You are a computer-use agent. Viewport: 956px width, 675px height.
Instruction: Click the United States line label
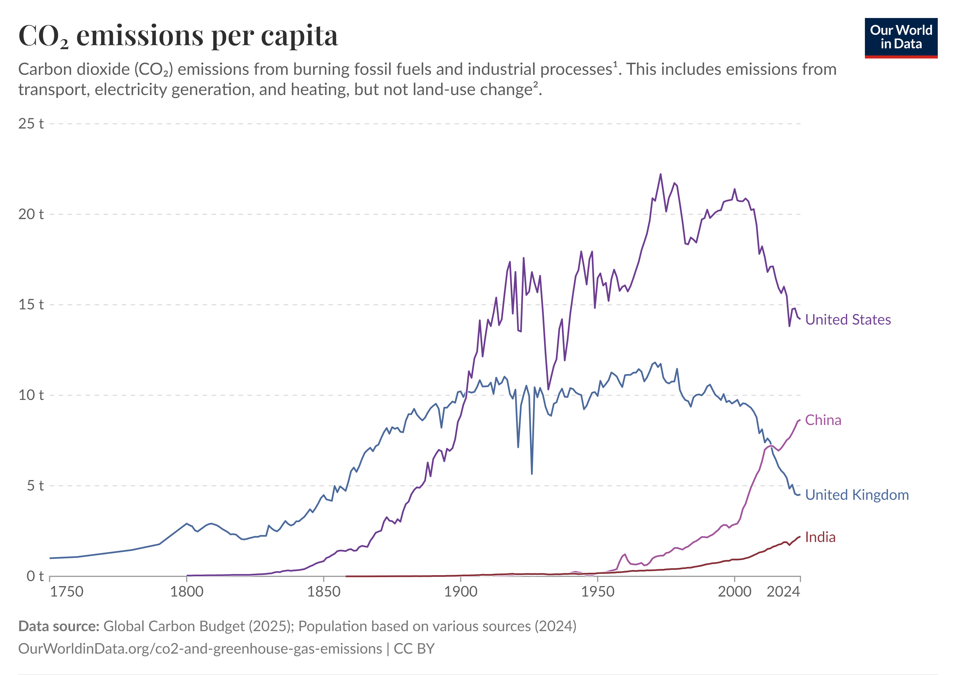point(848,320)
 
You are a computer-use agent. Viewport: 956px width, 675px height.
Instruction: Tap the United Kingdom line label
point(857,495)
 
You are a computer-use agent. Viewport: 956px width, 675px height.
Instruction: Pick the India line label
point(820,537)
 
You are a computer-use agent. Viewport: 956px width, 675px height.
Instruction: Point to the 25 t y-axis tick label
point(31,124)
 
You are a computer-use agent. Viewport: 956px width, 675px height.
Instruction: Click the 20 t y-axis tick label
point(31,214)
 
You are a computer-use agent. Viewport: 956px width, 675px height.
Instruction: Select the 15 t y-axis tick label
point(31,305)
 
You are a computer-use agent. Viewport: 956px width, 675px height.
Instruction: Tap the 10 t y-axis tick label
point(31,395)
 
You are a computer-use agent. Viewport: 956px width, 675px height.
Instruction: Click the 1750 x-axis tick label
point(67,592)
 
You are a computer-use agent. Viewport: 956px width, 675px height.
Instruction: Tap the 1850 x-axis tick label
point(324,592)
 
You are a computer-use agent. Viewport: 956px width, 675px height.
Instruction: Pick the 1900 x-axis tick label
point(461,592)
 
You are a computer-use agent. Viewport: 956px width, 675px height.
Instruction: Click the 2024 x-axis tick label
point(783,592)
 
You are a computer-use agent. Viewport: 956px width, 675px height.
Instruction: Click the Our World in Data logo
point(901,38)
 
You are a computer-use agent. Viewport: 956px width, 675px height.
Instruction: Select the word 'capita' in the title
point(299,37)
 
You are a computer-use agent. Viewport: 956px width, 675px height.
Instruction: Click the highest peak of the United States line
point(660,174)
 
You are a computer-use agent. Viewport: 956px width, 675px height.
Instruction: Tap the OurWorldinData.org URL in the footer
point(200,649)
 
